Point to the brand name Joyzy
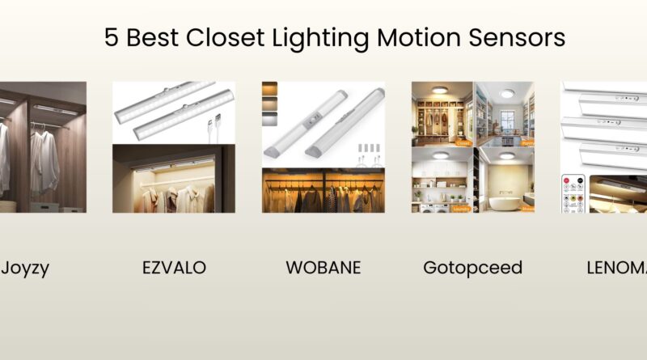26,268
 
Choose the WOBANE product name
322,268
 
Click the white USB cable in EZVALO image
214,130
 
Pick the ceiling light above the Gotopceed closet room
442,92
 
